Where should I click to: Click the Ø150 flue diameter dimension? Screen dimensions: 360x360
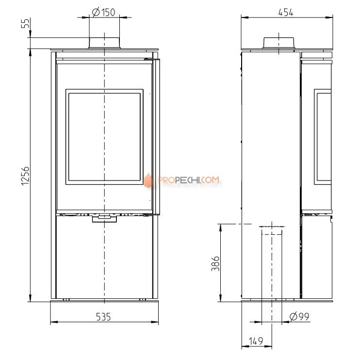click(103, 13)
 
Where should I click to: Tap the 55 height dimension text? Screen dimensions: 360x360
click(26, 23)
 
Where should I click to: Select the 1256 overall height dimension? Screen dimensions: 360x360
click(25, 176)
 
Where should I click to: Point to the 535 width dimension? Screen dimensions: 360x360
click(103, 317)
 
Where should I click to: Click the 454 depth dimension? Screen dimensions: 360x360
click(286, 13)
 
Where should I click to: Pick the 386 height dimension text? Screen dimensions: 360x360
click(215, 263)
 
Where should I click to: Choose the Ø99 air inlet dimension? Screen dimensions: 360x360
click(299, 317)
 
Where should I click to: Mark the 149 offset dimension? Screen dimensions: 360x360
click(256, 341)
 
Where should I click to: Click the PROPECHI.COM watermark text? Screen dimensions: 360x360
click(189, 180)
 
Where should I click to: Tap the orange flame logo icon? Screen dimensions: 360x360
click(148, 180)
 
